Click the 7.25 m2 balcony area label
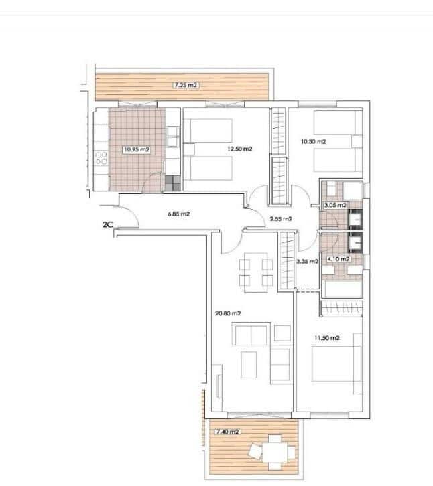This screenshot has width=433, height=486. tap(186, 86)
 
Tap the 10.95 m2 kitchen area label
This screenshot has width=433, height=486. tap(135, 150)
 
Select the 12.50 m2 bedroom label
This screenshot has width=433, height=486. tap(239, 149)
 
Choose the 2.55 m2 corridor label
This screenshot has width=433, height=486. tap(280, 218)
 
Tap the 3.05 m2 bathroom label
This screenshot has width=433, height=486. tap(334, 205)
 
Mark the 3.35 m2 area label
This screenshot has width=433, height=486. tap(306, 262)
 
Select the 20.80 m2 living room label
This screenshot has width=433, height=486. tap(228, 313)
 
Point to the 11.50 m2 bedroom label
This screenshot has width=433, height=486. tap(327, 339)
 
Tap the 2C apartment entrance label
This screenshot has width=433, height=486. tap(107, 226)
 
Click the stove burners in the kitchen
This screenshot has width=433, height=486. tap(102, 159)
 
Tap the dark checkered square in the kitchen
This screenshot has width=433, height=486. tap(172, 182)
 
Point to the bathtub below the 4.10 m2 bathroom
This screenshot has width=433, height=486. tap(341, 289)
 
